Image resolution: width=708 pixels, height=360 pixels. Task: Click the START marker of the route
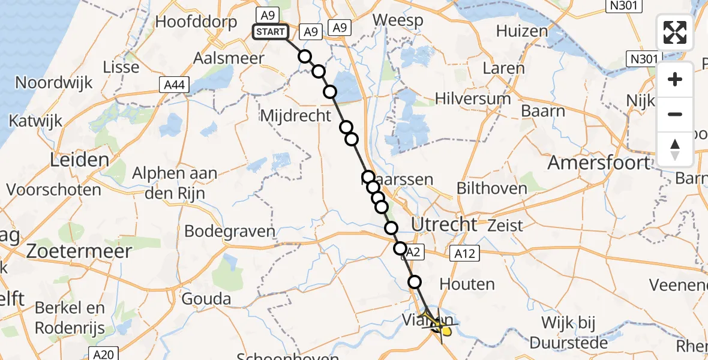pyautogui.click(x=270, y=32)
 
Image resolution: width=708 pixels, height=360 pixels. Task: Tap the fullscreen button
pyautogui.click(x=675, y=32)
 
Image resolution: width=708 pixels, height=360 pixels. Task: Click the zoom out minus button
pyautogui.click(x=675, y=114)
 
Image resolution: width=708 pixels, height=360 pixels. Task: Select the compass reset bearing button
pyautogui.click(x=675, y=149)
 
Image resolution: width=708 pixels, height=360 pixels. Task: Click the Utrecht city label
pyautogui.click(x=445, y=225)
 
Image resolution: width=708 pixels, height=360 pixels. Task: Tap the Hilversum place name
pyautogui.click(x=473, y=98)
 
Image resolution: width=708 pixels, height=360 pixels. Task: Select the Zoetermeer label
pyautogui.click(x=79, y=251)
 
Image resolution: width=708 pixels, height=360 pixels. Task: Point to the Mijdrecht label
pyautogui.click(x=296, y=115)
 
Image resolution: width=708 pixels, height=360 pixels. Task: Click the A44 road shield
pyautogui.click(x=175, y=85)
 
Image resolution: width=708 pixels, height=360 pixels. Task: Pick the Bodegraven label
pyautogui.click(x=230, y=231)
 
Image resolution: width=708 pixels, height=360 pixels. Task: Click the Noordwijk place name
pyautogui.click(x=54, y=82)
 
